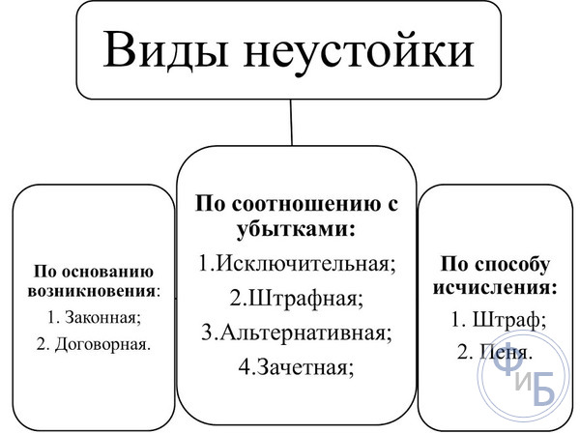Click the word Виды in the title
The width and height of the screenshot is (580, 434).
coord(165,49)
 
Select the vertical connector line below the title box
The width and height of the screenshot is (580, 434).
coord(291,122)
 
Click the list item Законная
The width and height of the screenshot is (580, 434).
coord(94,317)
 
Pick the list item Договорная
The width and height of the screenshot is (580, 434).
coord(94,344)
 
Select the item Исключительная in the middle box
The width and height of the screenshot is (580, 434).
coord(297,264)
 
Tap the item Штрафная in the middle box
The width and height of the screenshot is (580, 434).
coord(297,299)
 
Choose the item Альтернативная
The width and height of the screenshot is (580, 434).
coord(297,333)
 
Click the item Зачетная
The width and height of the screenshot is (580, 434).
coord(297,367)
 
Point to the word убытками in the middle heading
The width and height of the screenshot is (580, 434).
coord(296,229)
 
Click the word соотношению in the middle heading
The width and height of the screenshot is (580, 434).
coord(306,205)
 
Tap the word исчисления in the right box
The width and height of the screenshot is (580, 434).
coord(495,287)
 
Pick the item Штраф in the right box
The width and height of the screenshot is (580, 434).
coord(498,320)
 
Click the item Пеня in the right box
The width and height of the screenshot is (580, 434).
coord(495,352)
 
